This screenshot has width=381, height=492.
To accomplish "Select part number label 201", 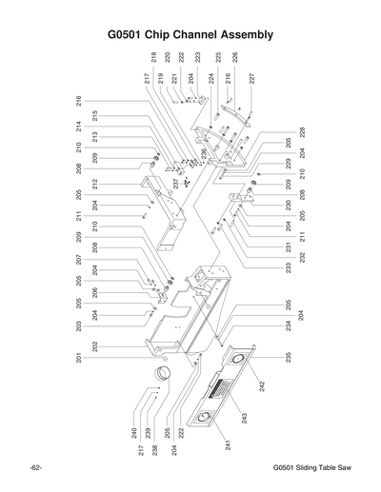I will tap(77, 358).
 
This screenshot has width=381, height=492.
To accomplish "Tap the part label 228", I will tap(302, 130).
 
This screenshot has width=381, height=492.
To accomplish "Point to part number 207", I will tap(77, 260).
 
